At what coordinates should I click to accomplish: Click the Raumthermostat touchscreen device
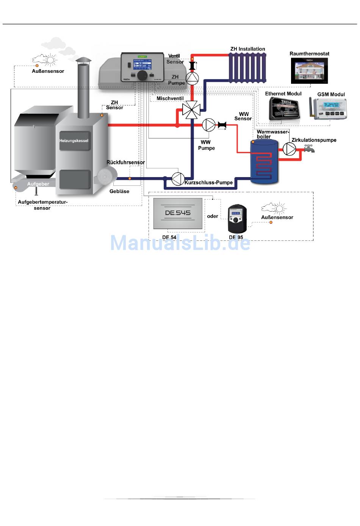click(309, 71)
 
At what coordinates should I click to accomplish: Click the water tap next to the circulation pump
click(310, 149)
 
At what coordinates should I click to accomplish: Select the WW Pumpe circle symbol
click(208, 125)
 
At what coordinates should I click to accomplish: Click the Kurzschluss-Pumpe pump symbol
click(178, 179)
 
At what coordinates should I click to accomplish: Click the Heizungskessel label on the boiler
click(74, 141)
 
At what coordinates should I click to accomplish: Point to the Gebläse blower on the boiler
click(105, 177)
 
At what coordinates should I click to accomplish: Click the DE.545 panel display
click(178, 213)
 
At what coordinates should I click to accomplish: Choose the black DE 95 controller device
click(237, 219)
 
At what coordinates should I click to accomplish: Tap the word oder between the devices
click(213, 216)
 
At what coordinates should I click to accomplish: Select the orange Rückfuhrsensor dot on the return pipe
click(130, 178)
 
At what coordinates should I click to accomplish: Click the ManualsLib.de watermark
click(180, 243)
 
